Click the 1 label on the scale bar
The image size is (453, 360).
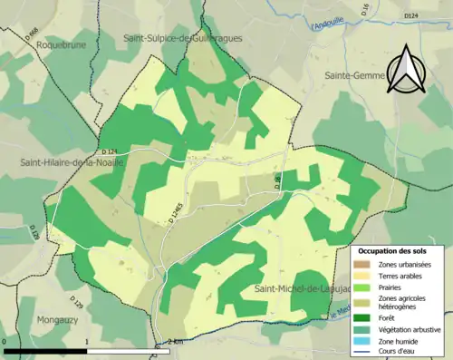coord(87,341)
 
